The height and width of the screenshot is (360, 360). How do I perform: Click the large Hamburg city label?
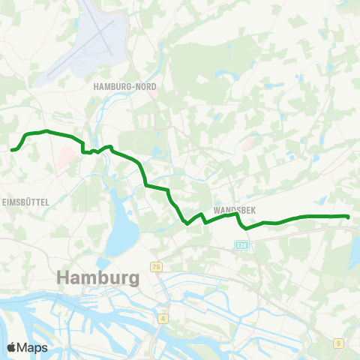[98, 278]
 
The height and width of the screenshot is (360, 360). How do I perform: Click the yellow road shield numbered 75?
[156, 267]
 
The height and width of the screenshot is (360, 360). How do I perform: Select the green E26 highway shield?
[241, 244]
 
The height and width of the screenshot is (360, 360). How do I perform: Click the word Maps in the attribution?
[33, 347]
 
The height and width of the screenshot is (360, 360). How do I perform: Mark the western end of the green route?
[12, 150]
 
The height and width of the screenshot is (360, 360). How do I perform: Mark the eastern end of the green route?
[349, 217]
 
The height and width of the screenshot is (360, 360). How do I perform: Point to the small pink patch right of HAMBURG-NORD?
[154, 94]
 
